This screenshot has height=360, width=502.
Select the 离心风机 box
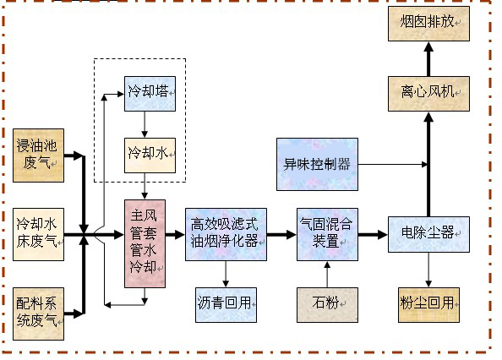point(428,91)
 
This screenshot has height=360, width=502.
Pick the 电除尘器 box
point(428,232)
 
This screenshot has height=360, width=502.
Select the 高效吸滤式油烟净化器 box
point(226,232)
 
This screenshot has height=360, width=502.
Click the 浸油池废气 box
point(39,155)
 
